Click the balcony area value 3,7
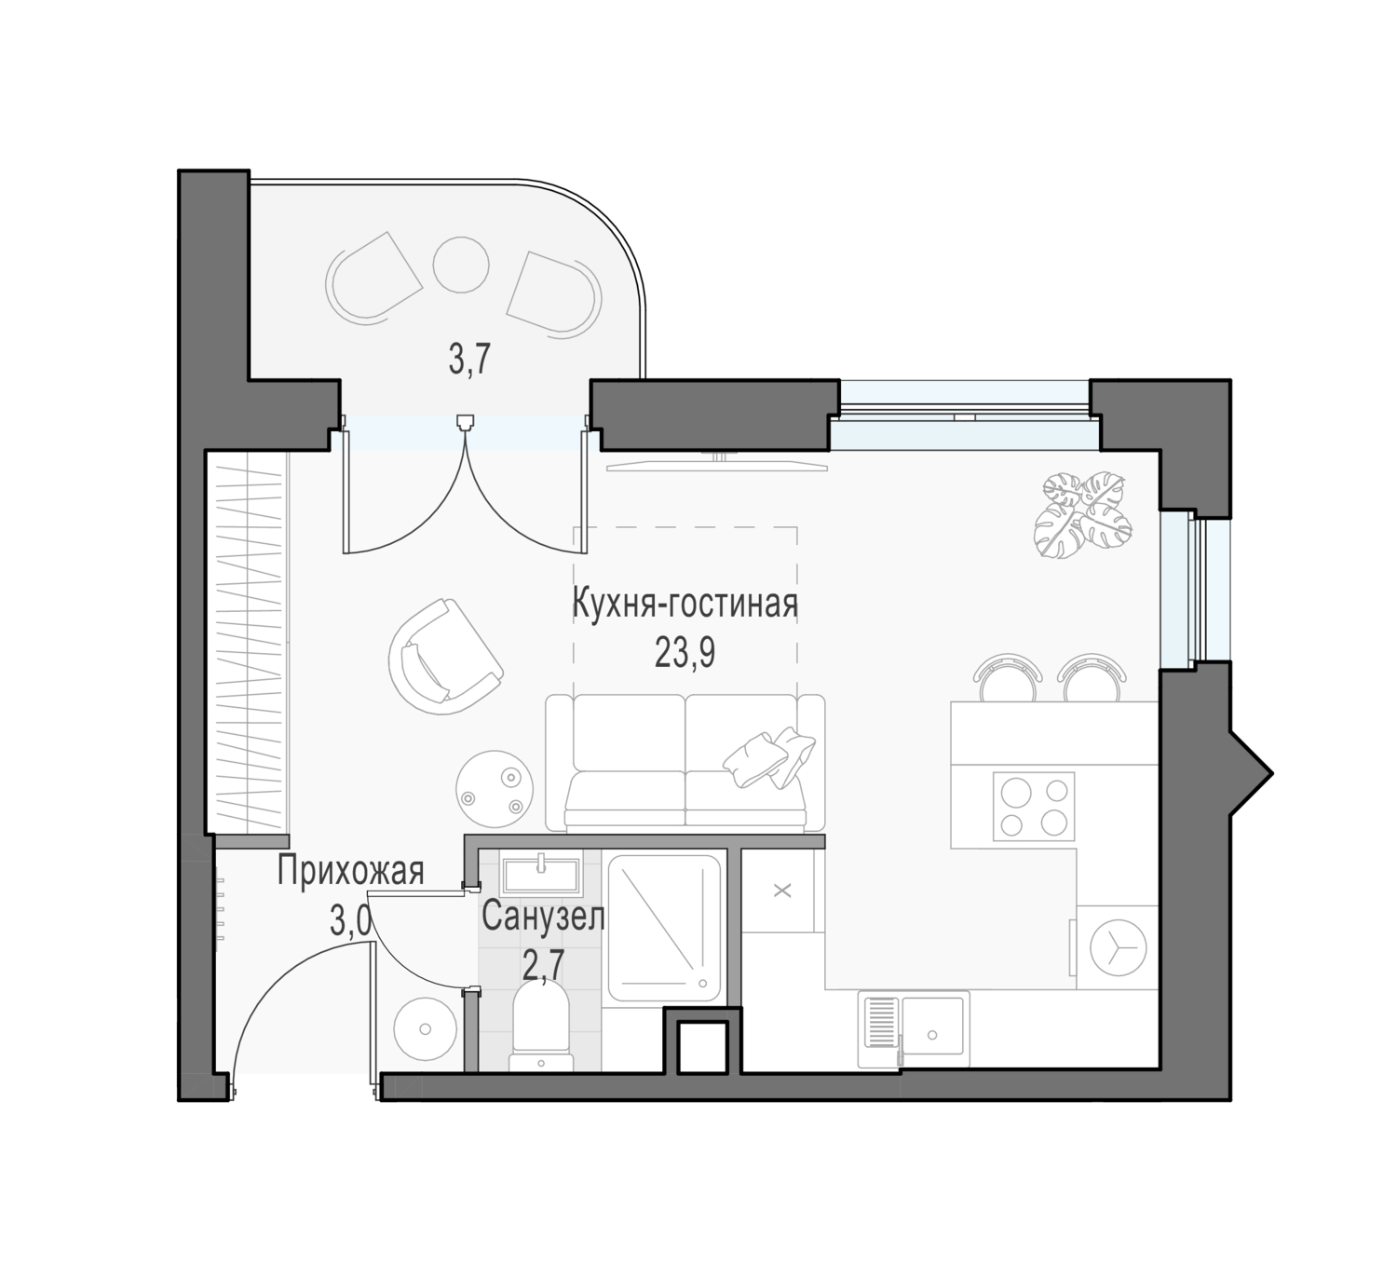point(470,360)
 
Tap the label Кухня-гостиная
point(685,604)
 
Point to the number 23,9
point(685,654)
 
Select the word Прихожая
point(351,871)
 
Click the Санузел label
point(543,918)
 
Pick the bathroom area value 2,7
point(543,969)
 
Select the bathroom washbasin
point(540,875)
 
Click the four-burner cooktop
point(1034,806)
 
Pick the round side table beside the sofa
point(495,789)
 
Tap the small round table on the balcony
point(461,265)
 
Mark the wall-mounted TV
point(716,463)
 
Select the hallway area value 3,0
point(350,923)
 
